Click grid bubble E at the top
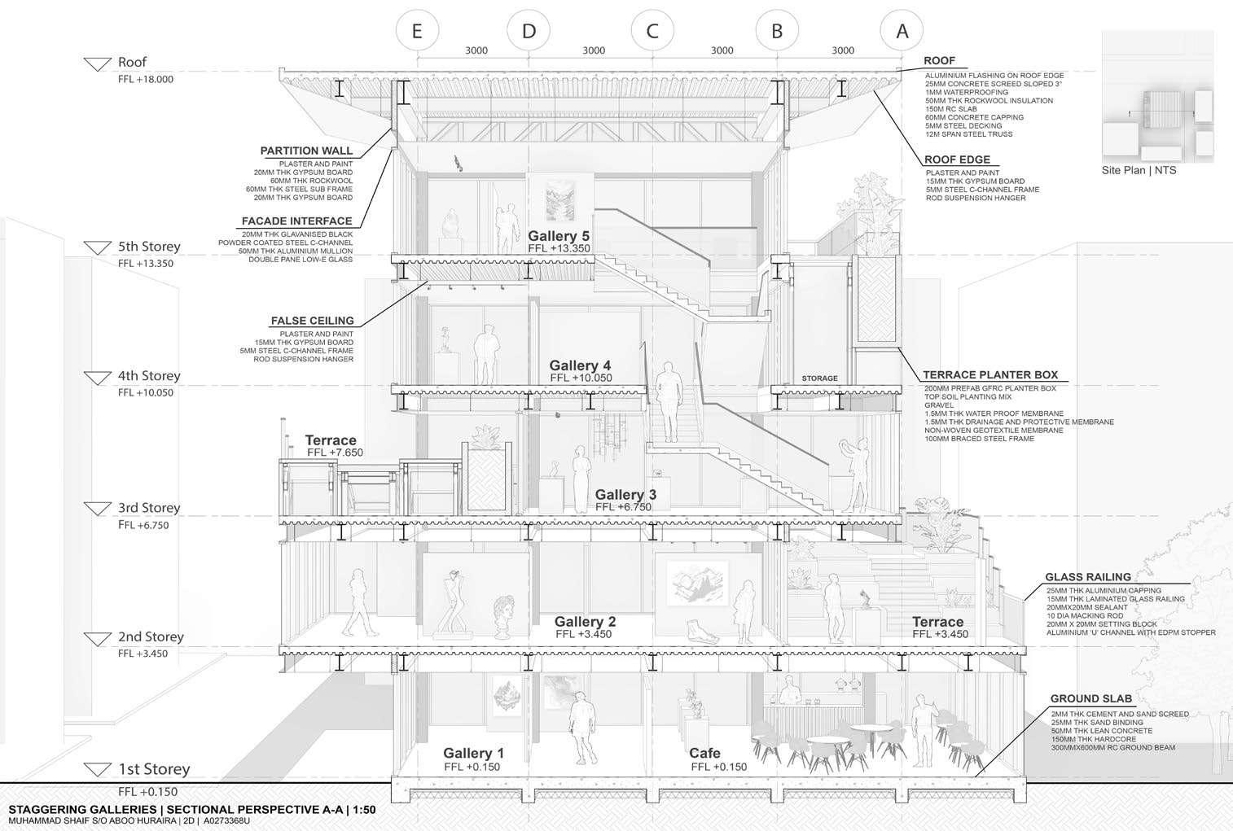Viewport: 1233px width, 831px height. tap(417, 31)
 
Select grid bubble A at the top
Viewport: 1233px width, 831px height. tap(902, 31)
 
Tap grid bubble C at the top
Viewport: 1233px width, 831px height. tap(652, 31)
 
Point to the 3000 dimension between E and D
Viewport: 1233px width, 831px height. tap(476, 50)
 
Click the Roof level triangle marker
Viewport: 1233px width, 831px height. tap(98, 65)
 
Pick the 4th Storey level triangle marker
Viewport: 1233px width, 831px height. tap(98, 378)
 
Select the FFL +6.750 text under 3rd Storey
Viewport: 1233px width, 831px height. tap(143, 525)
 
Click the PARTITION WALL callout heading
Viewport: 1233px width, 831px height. tap(306, 151)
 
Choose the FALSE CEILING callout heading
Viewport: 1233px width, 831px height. tap(312, 321)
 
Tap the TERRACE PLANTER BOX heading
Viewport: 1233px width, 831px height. tap(989, 375)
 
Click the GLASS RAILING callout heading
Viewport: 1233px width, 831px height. tap(1088, 577)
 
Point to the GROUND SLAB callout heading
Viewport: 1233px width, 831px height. tap(1090, 698)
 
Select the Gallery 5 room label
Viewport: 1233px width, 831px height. tap(559, 237)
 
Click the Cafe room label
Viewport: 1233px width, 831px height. tap(704, 753)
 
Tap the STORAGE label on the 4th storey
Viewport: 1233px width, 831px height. tap(818, 378)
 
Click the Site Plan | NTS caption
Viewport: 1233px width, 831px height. tap(1139, 170)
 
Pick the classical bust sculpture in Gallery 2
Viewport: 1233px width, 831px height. tap(502, 619)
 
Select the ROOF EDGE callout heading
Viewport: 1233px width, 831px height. tap(958, 160)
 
